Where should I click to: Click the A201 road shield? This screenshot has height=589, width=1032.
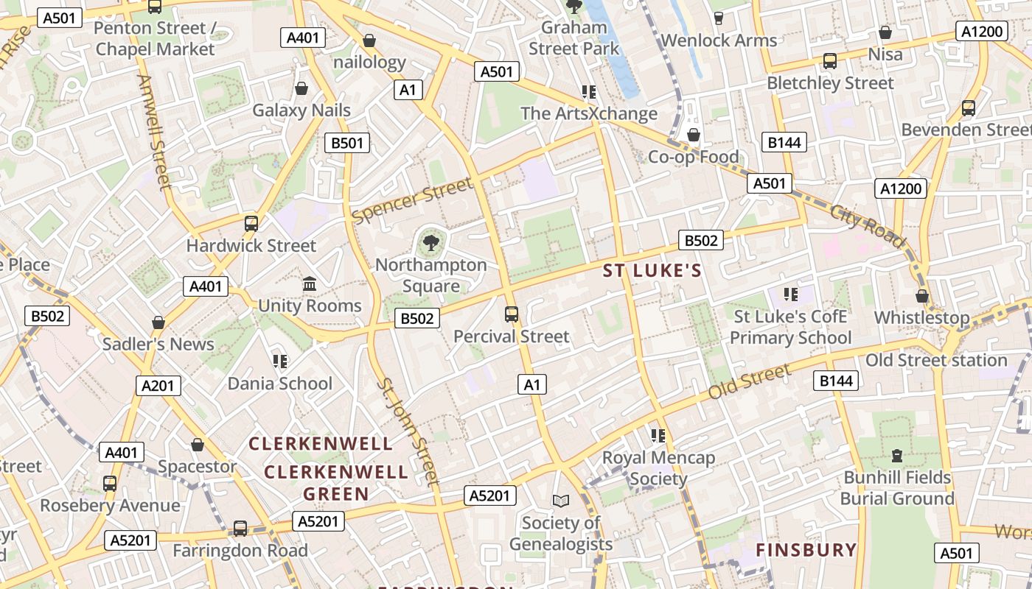[158, 386]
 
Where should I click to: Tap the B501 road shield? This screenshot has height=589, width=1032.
[347, 143]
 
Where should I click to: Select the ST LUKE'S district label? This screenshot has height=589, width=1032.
[652, 271]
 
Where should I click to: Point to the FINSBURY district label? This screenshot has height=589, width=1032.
[806, 550]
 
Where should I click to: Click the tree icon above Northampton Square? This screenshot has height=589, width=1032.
[431, 242]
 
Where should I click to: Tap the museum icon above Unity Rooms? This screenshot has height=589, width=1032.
[310, 284]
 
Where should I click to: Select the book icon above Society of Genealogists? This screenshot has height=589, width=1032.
[561, 501]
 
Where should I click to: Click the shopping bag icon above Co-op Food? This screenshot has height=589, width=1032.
[693, 135]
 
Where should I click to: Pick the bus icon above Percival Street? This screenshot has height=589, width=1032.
[512, 315]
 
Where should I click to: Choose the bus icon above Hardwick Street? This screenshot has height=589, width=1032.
[251, 223]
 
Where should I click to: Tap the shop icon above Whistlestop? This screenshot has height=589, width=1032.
[921, 296]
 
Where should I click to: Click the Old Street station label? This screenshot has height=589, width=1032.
[935, 360]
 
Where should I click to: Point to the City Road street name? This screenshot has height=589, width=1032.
[868, 225]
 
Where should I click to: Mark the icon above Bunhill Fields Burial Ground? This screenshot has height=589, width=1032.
[897, 456]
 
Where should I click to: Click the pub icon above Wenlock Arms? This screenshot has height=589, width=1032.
[719, 18]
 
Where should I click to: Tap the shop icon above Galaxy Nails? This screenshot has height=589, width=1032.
[301, 89]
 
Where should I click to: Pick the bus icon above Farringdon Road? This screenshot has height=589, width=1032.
[240, 528]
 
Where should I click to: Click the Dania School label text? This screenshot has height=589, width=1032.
[279, 383]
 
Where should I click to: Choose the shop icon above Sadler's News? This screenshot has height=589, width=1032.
[158, 322]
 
